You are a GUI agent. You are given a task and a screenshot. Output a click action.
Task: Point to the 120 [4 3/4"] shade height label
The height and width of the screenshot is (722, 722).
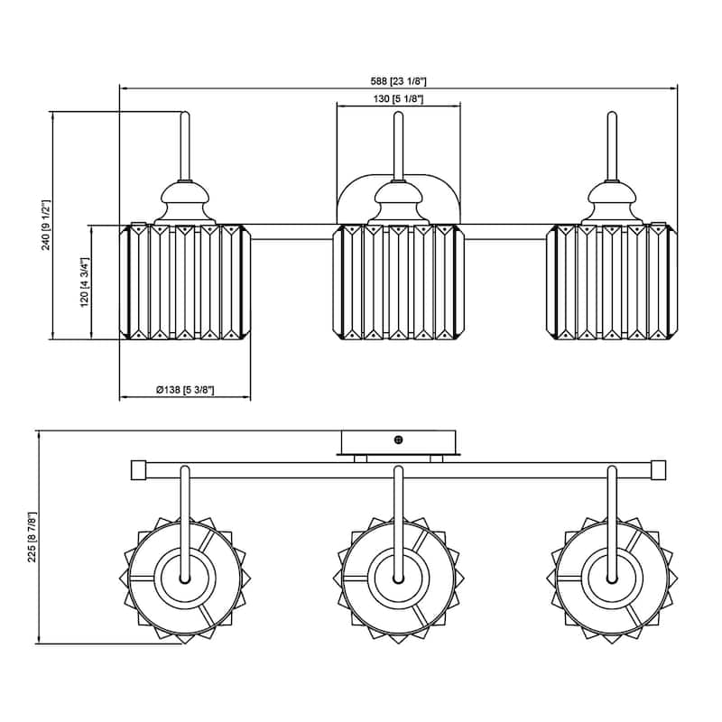click(x=84, y=282)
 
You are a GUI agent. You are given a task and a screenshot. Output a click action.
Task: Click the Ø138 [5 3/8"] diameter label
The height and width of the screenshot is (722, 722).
click(x=185, y=390)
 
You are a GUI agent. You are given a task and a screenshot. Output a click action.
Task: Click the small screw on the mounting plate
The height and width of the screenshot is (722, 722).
click(x=399, y=440)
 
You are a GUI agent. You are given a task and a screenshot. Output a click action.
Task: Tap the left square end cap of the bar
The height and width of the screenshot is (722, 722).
click(x=139, y=469)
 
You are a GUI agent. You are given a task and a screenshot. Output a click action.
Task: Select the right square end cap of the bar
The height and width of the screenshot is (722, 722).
click(x=658, y=469)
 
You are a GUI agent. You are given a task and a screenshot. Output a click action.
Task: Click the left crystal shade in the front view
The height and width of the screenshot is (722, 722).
click(x=185, y=282)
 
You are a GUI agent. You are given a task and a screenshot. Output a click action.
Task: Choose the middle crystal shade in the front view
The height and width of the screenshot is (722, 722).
click(x=399, y=282)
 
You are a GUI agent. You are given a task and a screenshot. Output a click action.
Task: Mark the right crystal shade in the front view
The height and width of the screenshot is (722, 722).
click(x=612, y=282)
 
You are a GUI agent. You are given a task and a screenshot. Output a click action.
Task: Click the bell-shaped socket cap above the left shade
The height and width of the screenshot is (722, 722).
click(x=185, y=200)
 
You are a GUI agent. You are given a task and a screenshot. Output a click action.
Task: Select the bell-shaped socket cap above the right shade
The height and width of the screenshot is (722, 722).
click(x=612, y=200)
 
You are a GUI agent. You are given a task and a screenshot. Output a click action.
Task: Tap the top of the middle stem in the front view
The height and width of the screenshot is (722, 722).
click(x=397, y=116)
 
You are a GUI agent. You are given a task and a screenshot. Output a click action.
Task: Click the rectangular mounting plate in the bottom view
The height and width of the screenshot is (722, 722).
click(x=399, y=442)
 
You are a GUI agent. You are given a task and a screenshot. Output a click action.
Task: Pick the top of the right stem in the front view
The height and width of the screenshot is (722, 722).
click(x=611, y=116)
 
